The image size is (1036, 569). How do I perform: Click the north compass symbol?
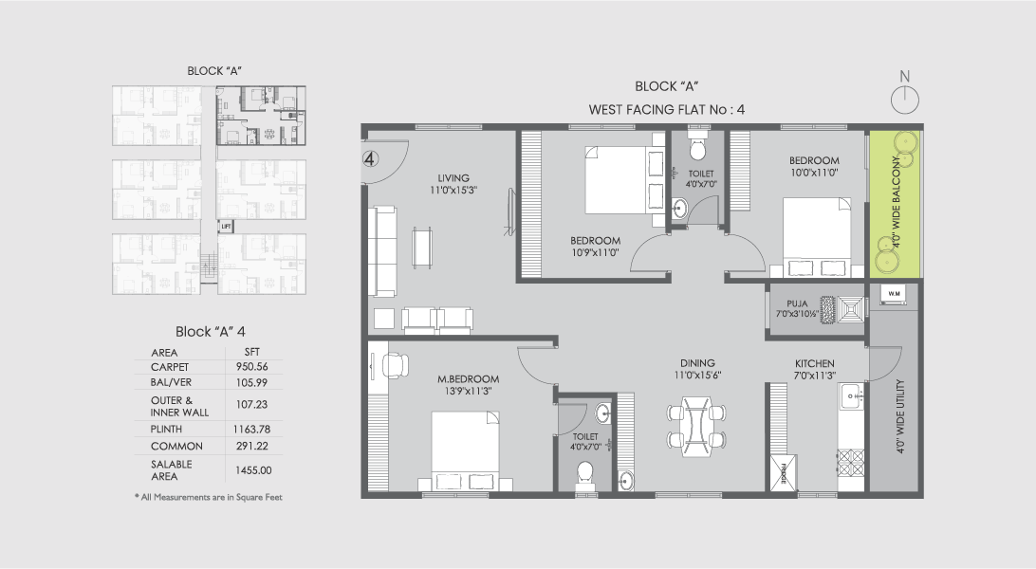point(905,96)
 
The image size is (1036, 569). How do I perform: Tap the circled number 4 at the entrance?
point(371,158)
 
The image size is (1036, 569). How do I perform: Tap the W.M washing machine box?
point(893,295)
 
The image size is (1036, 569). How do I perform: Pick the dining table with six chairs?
point(697,426)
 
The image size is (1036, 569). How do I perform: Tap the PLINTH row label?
point(165,429)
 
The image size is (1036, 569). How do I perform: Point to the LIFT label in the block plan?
point(225,227)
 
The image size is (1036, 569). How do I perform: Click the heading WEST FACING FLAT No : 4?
point(667,109)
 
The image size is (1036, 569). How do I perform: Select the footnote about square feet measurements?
point(209,497)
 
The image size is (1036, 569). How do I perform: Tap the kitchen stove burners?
point(849,463)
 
